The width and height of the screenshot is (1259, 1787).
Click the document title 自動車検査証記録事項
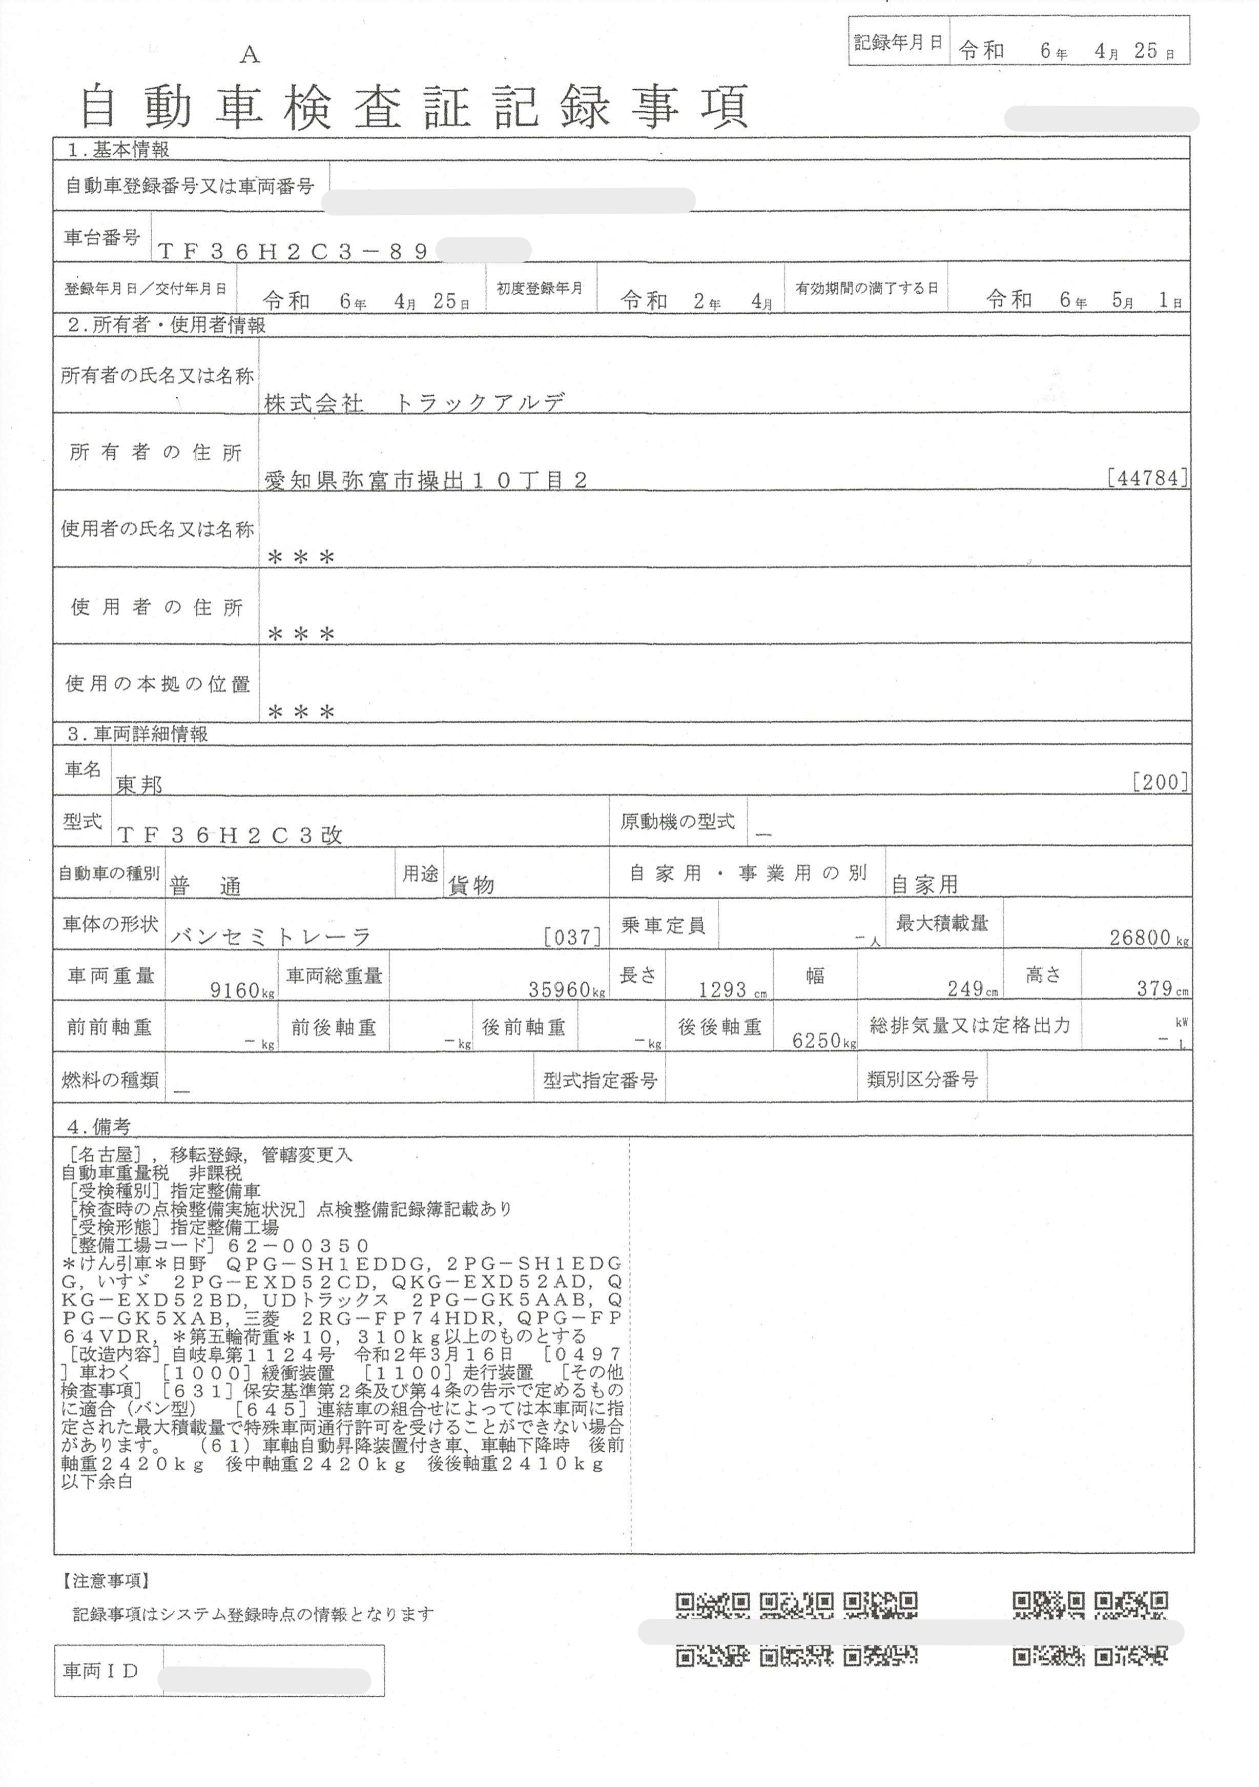pyautogui.click(x=414, y=108)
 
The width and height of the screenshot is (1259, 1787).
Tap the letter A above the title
pyautogui.click(x=249, y=54)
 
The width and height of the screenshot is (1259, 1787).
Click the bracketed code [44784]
pyautogui.click(x=1147, y=477)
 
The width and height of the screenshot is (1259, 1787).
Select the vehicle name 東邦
pyautogui.click(x=139, y=784)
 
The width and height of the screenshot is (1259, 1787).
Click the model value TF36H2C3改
pyautogui.click(x=230, y=835)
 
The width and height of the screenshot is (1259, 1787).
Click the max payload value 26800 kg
pyautogui.click(x=1148, y=937)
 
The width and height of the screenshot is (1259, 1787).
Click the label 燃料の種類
pyautogui.click(x=110, y=1080)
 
